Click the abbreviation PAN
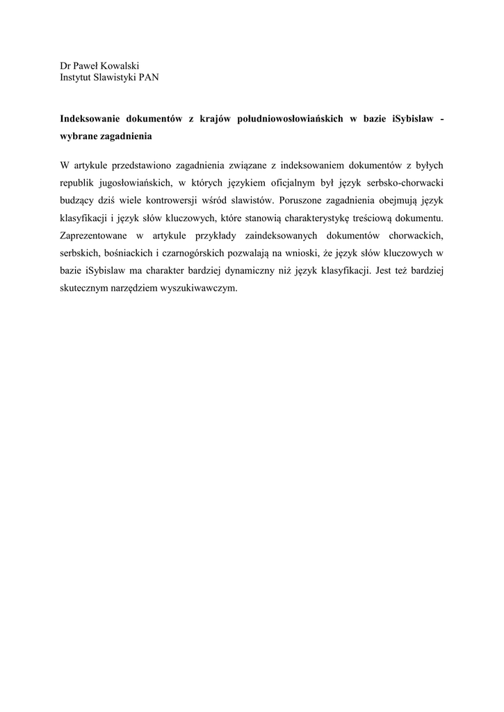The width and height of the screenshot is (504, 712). tap(148, 77)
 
